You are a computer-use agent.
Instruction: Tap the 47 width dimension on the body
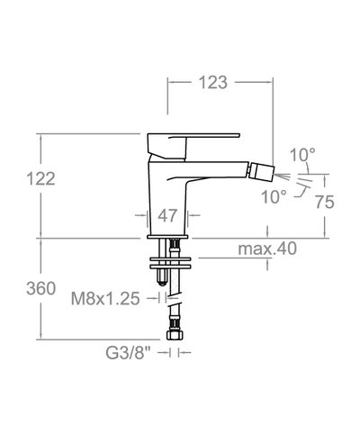point(166,216)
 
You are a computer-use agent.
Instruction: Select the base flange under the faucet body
point(169,236)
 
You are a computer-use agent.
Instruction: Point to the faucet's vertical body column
point(167,194)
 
